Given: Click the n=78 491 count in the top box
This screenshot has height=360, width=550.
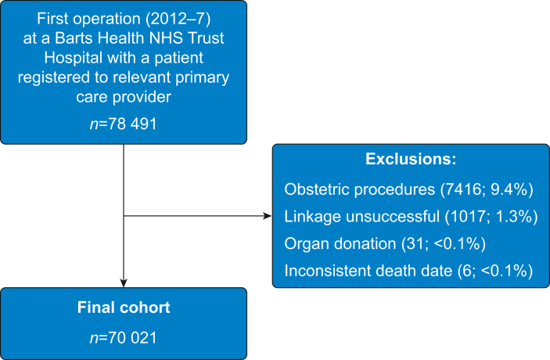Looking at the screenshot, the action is tap(123, 124).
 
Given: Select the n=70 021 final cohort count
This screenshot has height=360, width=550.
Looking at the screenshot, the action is tap(123, 337).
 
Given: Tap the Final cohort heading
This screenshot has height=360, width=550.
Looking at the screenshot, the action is tap(124, 308).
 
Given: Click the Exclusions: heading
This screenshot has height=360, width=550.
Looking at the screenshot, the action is tap(411, 159).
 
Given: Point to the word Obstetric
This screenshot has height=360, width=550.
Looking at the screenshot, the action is tap(316, 189).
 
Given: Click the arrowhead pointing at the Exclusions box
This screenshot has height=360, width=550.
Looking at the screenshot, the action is tap(268, 216).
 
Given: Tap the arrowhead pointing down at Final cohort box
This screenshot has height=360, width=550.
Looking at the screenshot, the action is tap(124, 283).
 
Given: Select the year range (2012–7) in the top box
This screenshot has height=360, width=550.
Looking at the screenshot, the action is tap(178, 19).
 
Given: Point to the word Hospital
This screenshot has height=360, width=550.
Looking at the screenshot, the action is tap(73, 58).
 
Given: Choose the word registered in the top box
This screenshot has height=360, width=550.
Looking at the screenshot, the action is tap(54, 77).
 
